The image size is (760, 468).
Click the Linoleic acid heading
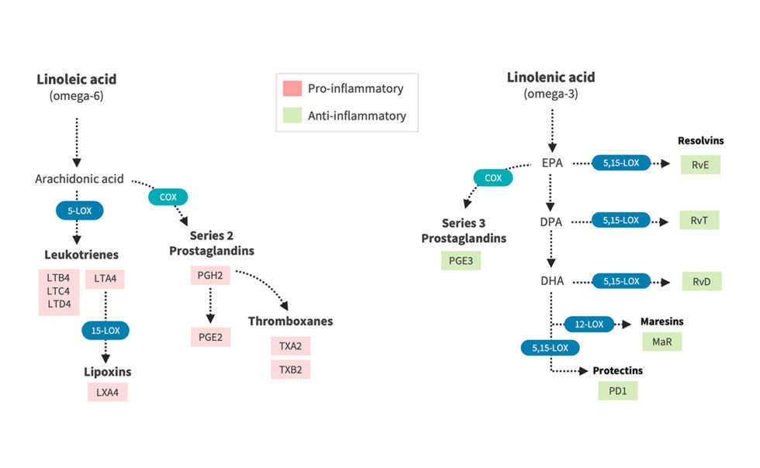click(76, 80)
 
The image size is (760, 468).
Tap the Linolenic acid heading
click(551, 77)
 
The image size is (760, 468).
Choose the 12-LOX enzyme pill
click(589, 323)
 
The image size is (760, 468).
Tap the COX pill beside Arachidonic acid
click(168, 197)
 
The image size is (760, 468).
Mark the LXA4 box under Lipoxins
click(107, 392)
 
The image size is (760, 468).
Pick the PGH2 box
click(210, 276)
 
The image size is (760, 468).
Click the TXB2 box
click(290, 370)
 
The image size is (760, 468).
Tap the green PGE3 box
click(461, 260)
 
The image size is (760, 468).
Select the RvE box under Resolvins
click(700, 164)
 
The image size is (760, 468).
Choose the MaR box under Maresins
click(662, 342)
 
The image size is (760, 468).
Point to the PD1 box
click(617, 391)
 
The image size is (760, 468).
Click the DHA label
click(552, 280)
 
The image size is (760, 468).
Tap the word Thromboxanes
click(290, 321)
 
